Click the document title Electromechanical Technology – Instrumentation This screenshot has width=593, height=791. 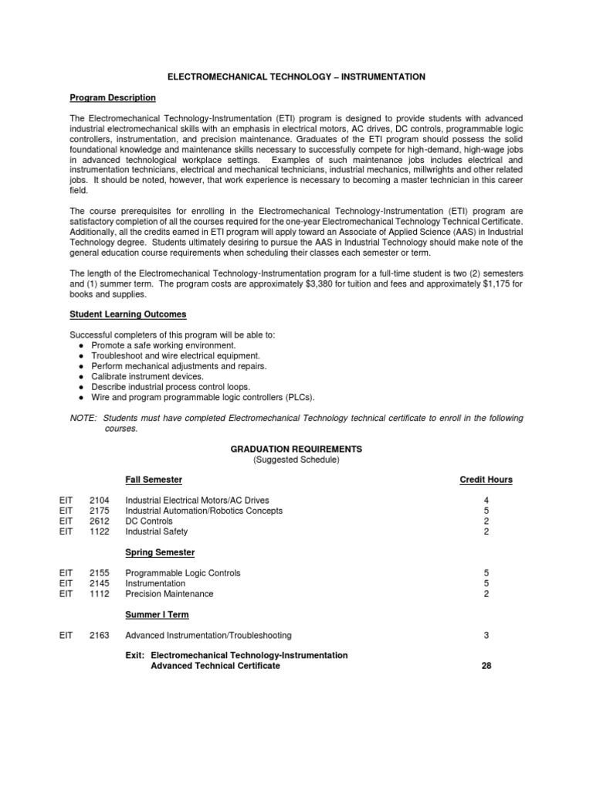pos(296,77)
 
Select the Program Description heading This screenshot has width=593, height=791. pos(113,98)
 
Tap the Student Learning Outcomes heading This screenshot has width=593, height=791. pos(127,314)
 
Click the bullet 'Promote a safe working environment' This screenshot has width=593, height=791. pos(163,345)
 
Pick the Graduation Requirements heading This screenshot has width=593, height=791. pos(296,449)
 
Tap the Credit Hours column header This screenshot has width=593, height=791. pos(486,480)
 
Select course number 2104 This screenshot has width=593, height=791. pos(100,501)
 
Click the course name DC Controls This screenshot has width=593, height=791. pos(149,521)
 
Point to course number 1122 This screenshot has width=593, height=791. pos(100,532)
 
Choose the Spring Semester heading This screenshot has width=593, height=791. pos(160,552)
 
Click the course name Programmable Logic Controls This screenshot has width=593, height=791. pos(183,573)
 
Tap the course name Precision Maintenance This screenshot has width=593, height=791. pos(169,594)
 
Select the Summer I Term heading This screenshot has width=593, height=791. pos(157,615)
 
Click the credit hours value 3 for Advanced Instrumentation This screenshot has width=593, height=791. pos(486,636)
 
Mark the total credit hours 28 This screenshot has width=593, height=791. pos(486,666)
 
